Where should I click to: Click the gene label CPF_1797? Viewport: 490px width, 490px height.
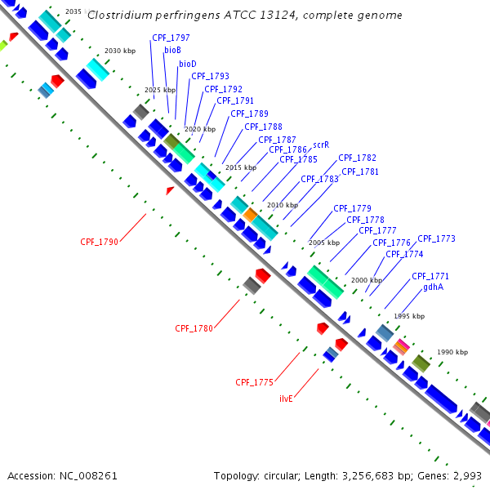pyautogui.click(x=171, y=38)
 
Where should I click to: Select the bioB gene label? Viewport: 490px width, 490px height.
pyautogui.click(x=172, y=51)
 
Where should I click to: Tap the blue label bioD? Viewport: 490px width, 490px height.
pyautogui.click(x=188, y=64)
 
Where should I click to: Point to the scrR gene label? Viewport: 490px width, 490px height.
pyautogui.click(x=321, y=145)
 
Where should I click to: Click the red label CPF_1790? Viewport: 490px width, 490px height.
pyautogui.click(x=99, y=243)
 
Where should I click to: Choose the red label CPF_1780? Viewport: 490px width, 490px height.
pyautogui.click(x=194, y=329)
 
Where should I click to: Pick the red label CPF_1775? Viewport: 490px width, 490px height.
pyautogui.click(x=254, y=382)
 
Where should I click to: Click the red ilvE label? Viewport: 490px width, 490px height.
pyautogui.click(x=287, y=399)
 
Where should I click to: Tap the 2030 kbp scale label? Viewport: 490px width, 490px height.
pyautogui.click(x=119, y=51)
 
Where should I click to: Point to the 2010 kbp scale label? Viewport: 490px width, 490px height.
pyautogui.click(x=282, y=205)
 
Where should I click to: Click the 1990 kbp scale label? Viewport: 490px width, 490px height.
pyautogui.click(x=452, y=352)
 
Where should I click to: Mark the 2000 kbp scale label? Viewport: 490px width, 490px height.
pyautogui.click(x=366, y=280)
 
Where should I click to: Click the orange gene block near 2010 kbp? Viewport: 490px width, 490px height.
pyautogui.click(x=250, y=214)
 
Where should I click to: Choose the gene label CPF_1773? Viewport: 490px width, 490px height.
pyautogui.click(x=436, y=239)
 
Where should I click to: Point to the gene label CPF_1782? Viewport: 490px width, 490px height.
pyautogui.click(x=357, y=158)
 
